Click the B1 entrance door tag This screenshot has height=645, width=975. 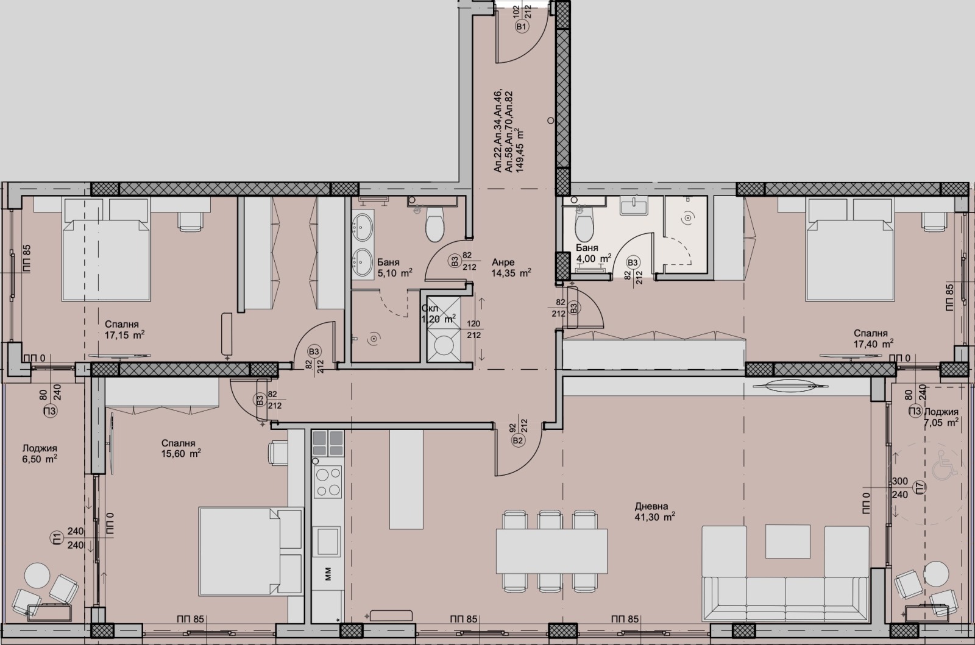[520, 27]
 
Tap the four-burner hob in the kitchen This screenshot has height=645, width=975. [328, 482]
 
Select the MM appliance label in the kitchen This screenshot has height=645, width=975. [328, 574]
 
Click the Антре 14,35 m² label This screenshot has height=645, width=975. [511, 268]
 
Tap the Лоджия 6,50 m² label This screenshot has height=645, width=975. [40, 453]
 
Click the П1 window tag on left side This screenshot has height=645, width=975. [57, 538]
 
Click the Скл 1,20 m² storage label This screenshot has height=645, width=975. [438, 314]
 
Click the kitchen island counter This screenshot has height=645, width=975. [406, 479]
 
